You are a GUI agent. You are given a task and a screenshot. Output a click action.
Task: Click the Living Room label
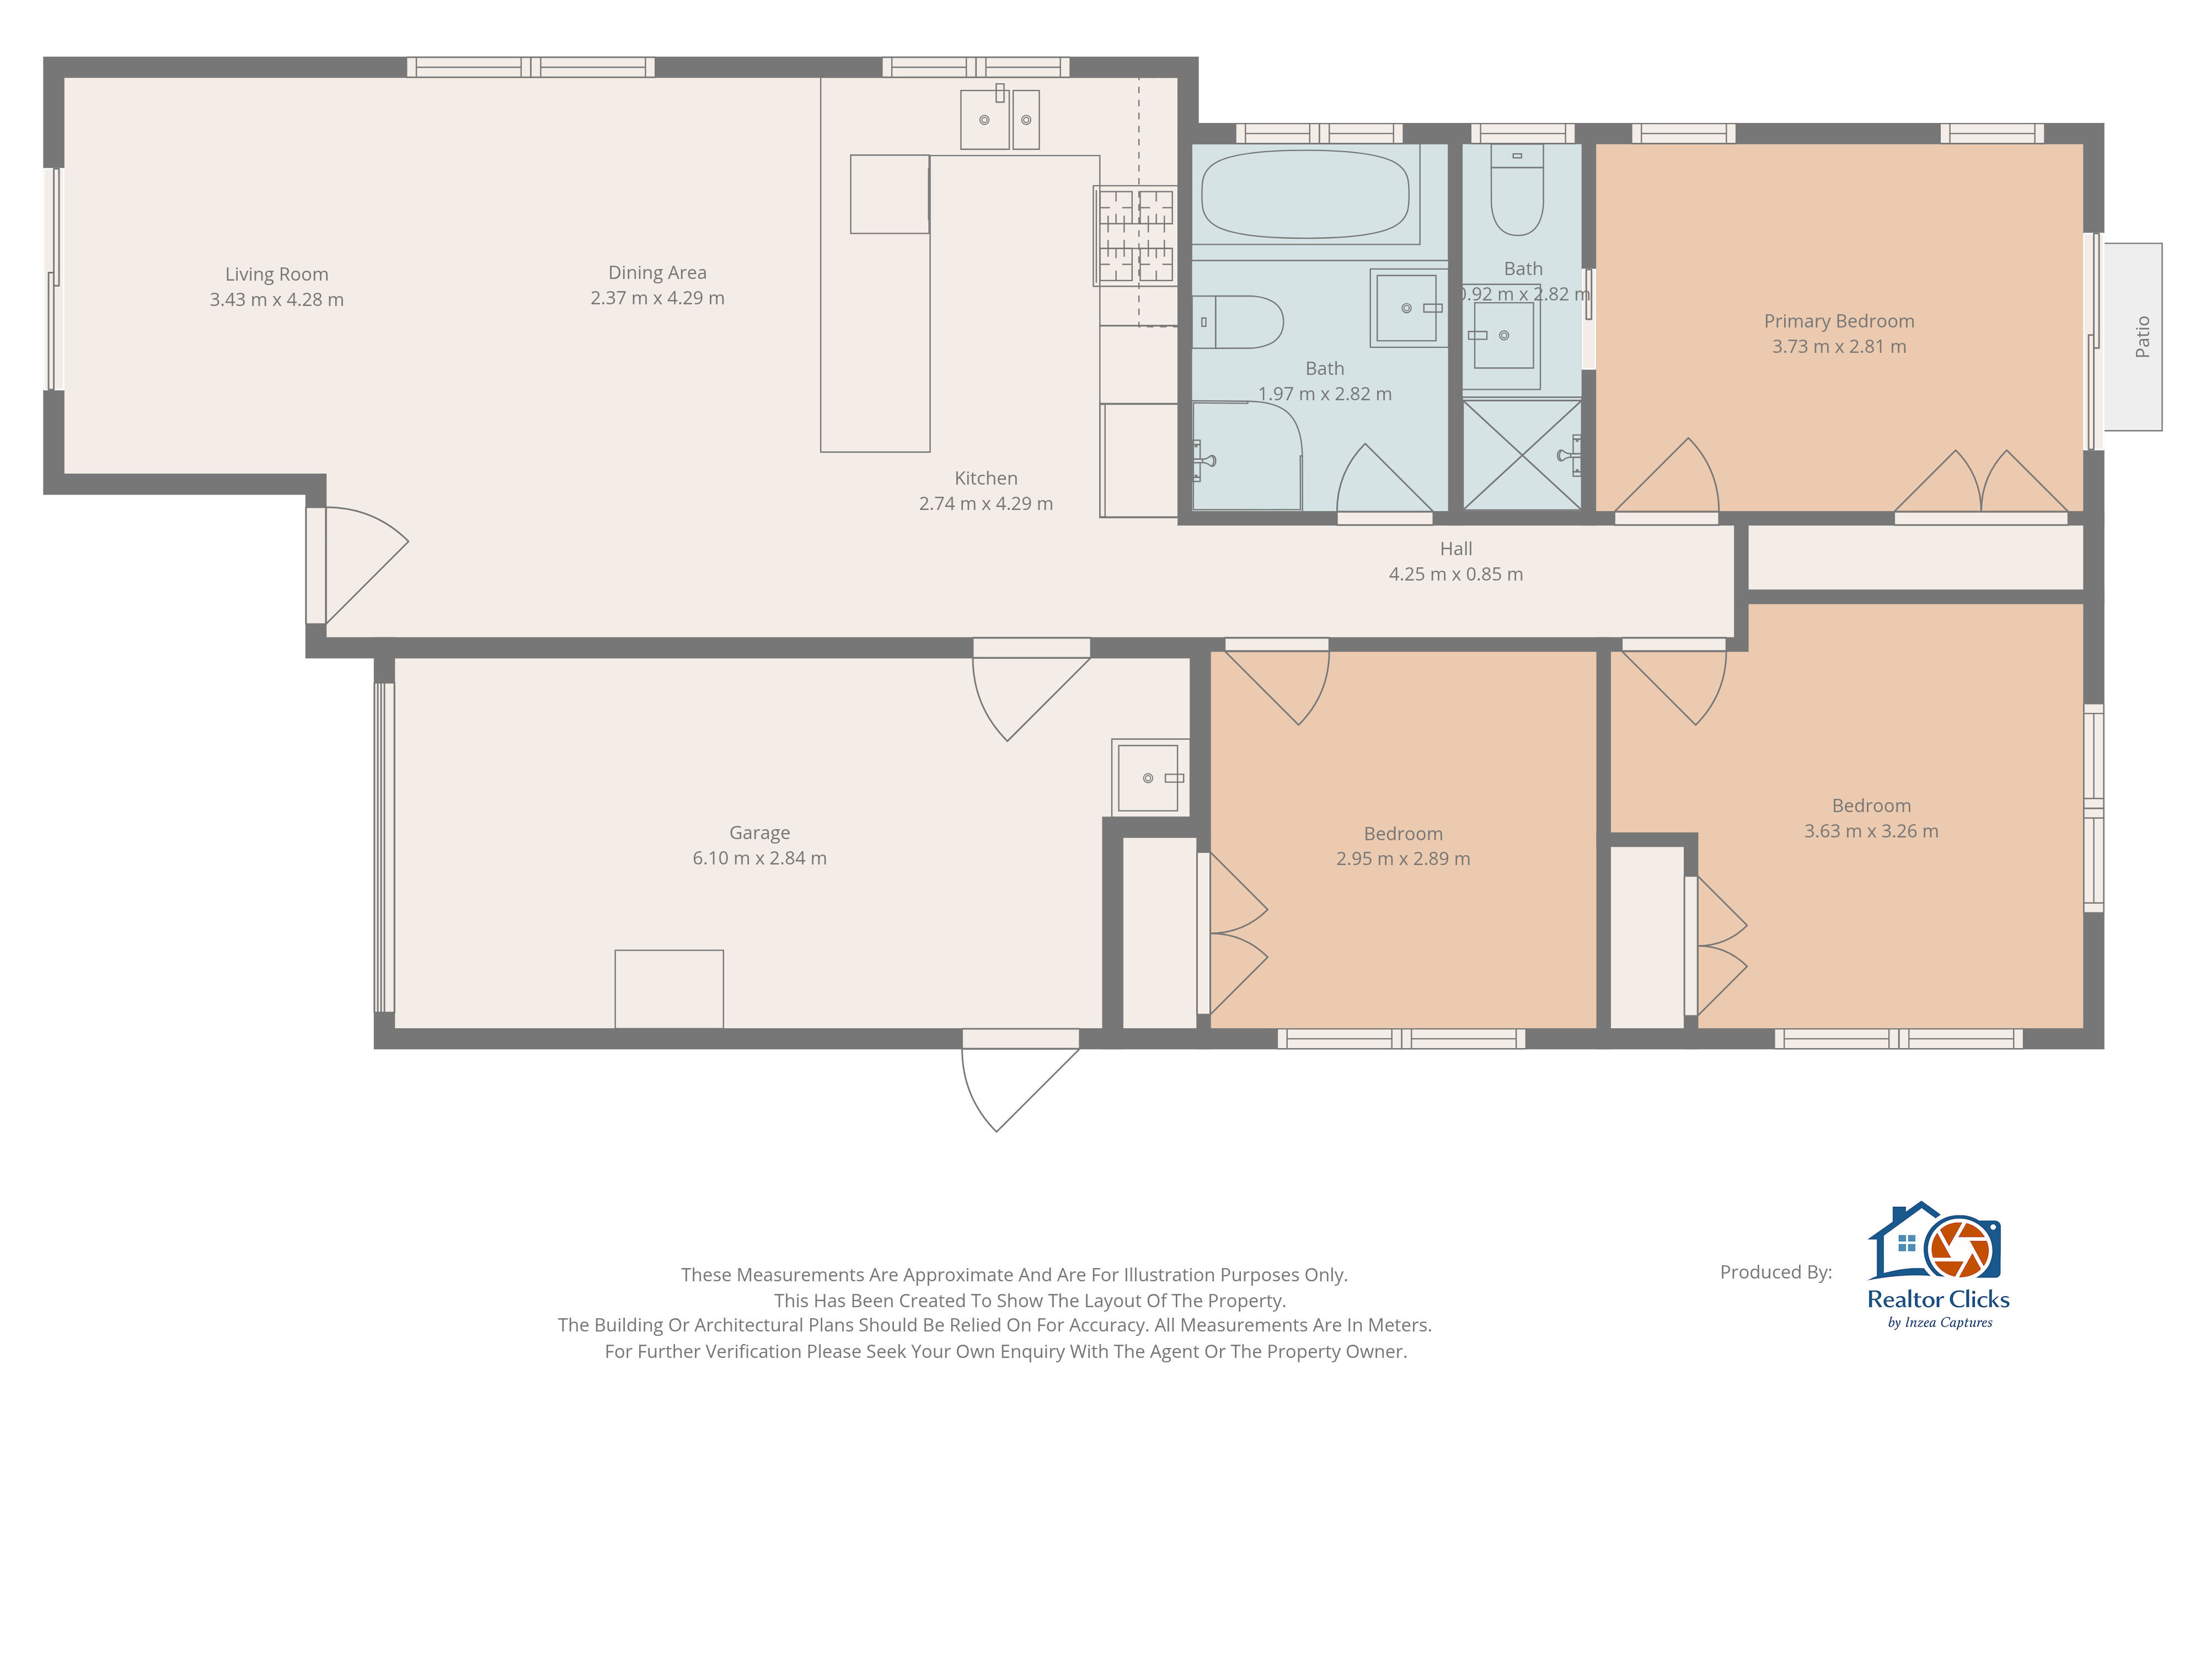click(276, 274)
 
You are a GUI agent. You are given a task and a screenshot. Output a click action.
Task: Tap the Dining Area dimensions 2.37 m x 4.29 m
click(657, 298)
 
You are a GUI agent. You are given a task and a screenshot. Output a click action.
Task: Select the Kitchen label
click(986, 479)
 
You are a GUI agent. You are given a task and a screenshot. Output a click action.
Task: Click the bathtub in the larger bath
click(1305, 194)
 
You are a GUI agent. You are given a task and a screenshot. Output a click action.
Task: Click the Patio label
click(2142, 337)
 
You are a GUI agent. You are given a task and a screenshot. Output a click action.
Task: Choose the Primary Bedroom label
click(1839, 321)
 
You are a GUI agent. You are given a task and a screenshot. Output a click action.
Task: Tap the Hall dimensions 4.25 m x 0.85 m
click(1456, 574)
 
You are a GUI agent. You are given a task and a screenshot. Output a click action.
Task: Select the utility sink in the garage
click(1151, 777)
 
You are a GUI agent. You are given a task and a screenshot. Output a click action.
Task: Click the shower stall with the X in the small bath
click(1522, 455)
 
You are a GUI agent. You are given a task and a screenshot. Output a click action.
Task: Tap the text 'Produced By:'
click(1776, 1272)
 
